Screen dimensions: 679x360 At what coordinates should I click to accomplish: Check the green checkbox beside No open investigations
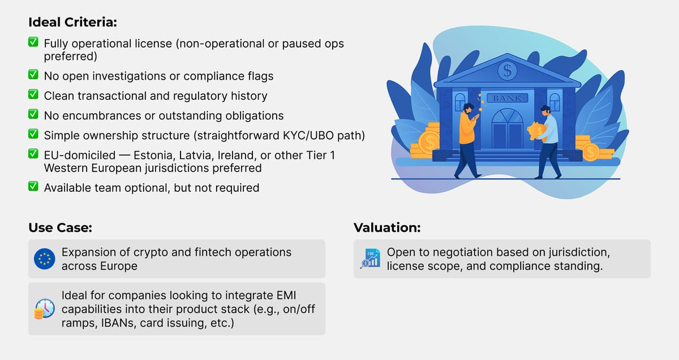point(33,75)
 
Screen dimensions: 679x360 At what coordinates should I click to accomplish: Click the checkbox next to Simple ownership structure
point(33,135)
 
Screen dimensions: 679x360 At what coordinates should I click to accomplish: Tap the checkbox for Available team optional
point(33,187)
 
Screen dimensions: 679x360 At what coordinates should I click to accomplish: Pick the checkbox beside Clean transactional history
point(33,95)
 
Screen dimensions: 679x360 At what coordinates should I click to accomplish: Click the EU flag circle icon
point(45,259)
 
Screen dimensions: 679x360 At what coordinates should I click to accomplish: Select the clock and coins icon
point(45,308)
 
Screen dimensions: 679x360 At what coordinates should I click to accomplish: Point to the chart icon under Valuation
point(370,259)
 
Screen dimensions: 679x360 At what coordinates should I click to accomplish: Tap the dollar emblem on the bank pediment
point(506,71)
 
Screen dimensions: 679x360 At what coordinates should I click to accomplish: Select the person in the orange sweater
point(467,136)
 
